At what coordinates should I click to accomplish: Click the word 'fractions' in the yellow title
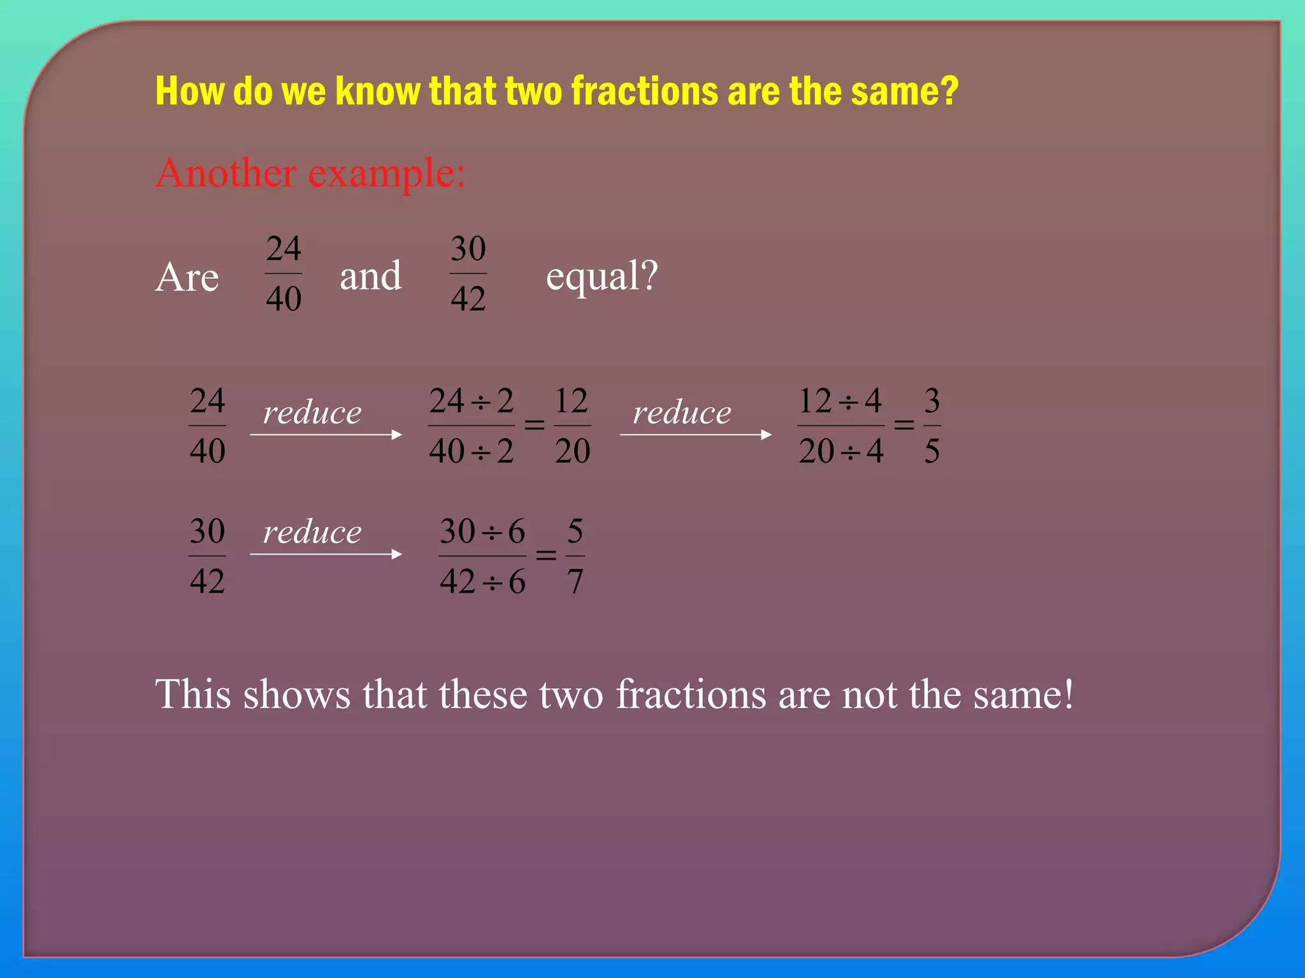point(645,91)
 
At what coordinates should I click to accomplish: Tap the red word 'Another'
point(226,173)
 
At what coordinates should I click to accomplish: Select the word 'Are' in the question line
point(187,277)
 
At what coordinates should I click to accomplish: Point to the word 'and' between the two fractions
point(370,276)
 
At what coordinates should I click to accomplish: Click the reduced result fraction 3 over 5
point(932,425)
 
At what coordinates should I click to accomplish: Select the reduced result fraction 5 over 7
point(575,556)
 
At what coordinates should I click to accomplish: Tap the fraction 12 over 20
point(572,425)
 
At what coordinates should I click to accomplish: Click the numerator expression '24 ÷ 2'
point(471,401)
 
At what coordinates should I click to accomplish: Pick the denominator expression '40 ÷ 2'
point(471,451)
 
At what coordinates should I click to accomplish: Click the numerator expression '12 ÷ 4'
point(840,401)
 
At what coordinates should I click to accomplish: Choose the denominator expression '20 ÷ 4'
point(840,451)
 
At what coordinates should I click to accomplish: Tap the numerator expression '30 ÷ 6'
point(482,531)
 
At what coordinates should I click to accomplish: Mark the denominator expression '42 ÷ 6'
point(482,581)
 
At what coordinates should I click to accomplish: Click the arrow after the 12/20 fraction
point(695,435)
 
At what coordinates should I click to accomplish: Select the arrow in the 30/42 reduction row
point(326,555)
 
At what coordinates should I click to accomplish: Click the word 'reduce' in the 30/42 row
point(312,532)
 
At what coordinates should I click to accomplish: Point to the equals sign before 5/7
point(545,555)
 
